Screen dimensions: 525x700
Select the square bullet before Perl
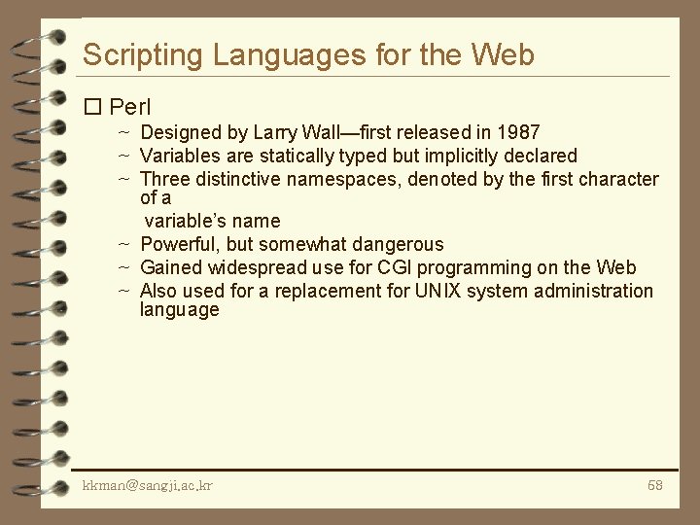pos(93,106)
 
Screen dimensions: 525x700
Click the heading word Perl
pos(129,106)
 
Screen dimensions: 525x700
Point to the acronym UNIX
pos(439,291)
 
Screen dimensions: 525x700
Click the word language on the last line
pos(180,310)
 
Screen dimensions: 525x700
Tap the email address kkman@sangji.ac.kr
pos(148,484)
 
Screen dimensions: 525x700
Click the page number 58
pos(654,484)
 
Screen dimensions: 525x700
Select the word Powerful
pos(181,244)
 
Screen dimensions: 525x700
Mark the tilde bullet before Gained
pos(124,267)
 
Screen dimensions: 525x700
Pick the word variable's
pos(183,221)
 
